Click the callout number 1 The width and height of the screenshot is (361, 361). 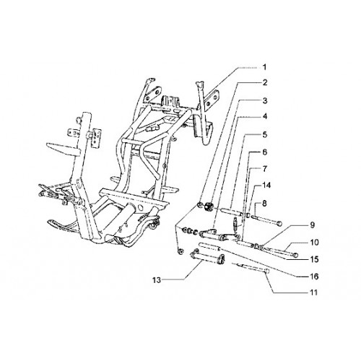point(264,67)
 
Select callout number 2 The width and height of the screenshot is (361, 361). point(265,83)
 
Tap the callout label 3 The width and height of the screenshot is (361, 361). point(265,100)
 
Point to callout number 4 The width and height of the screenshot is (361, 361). point(265,117)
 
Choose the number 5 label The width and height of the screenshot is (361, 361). point(265,135)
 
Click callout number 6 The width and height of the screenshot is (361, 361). point(265,152)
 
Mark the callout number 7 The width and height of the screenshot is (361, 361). point(265,169)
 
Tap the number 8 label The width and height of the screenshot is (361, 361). point(264,204)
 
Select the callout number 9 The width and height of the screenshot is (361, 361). point(312,225)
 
